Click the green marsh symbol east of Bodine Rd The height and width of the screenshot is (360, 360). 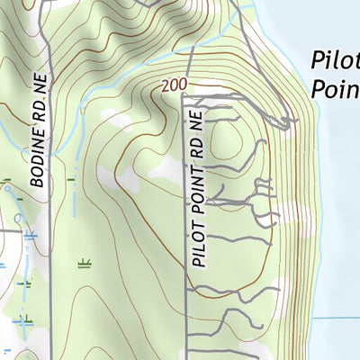point(85,264)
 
